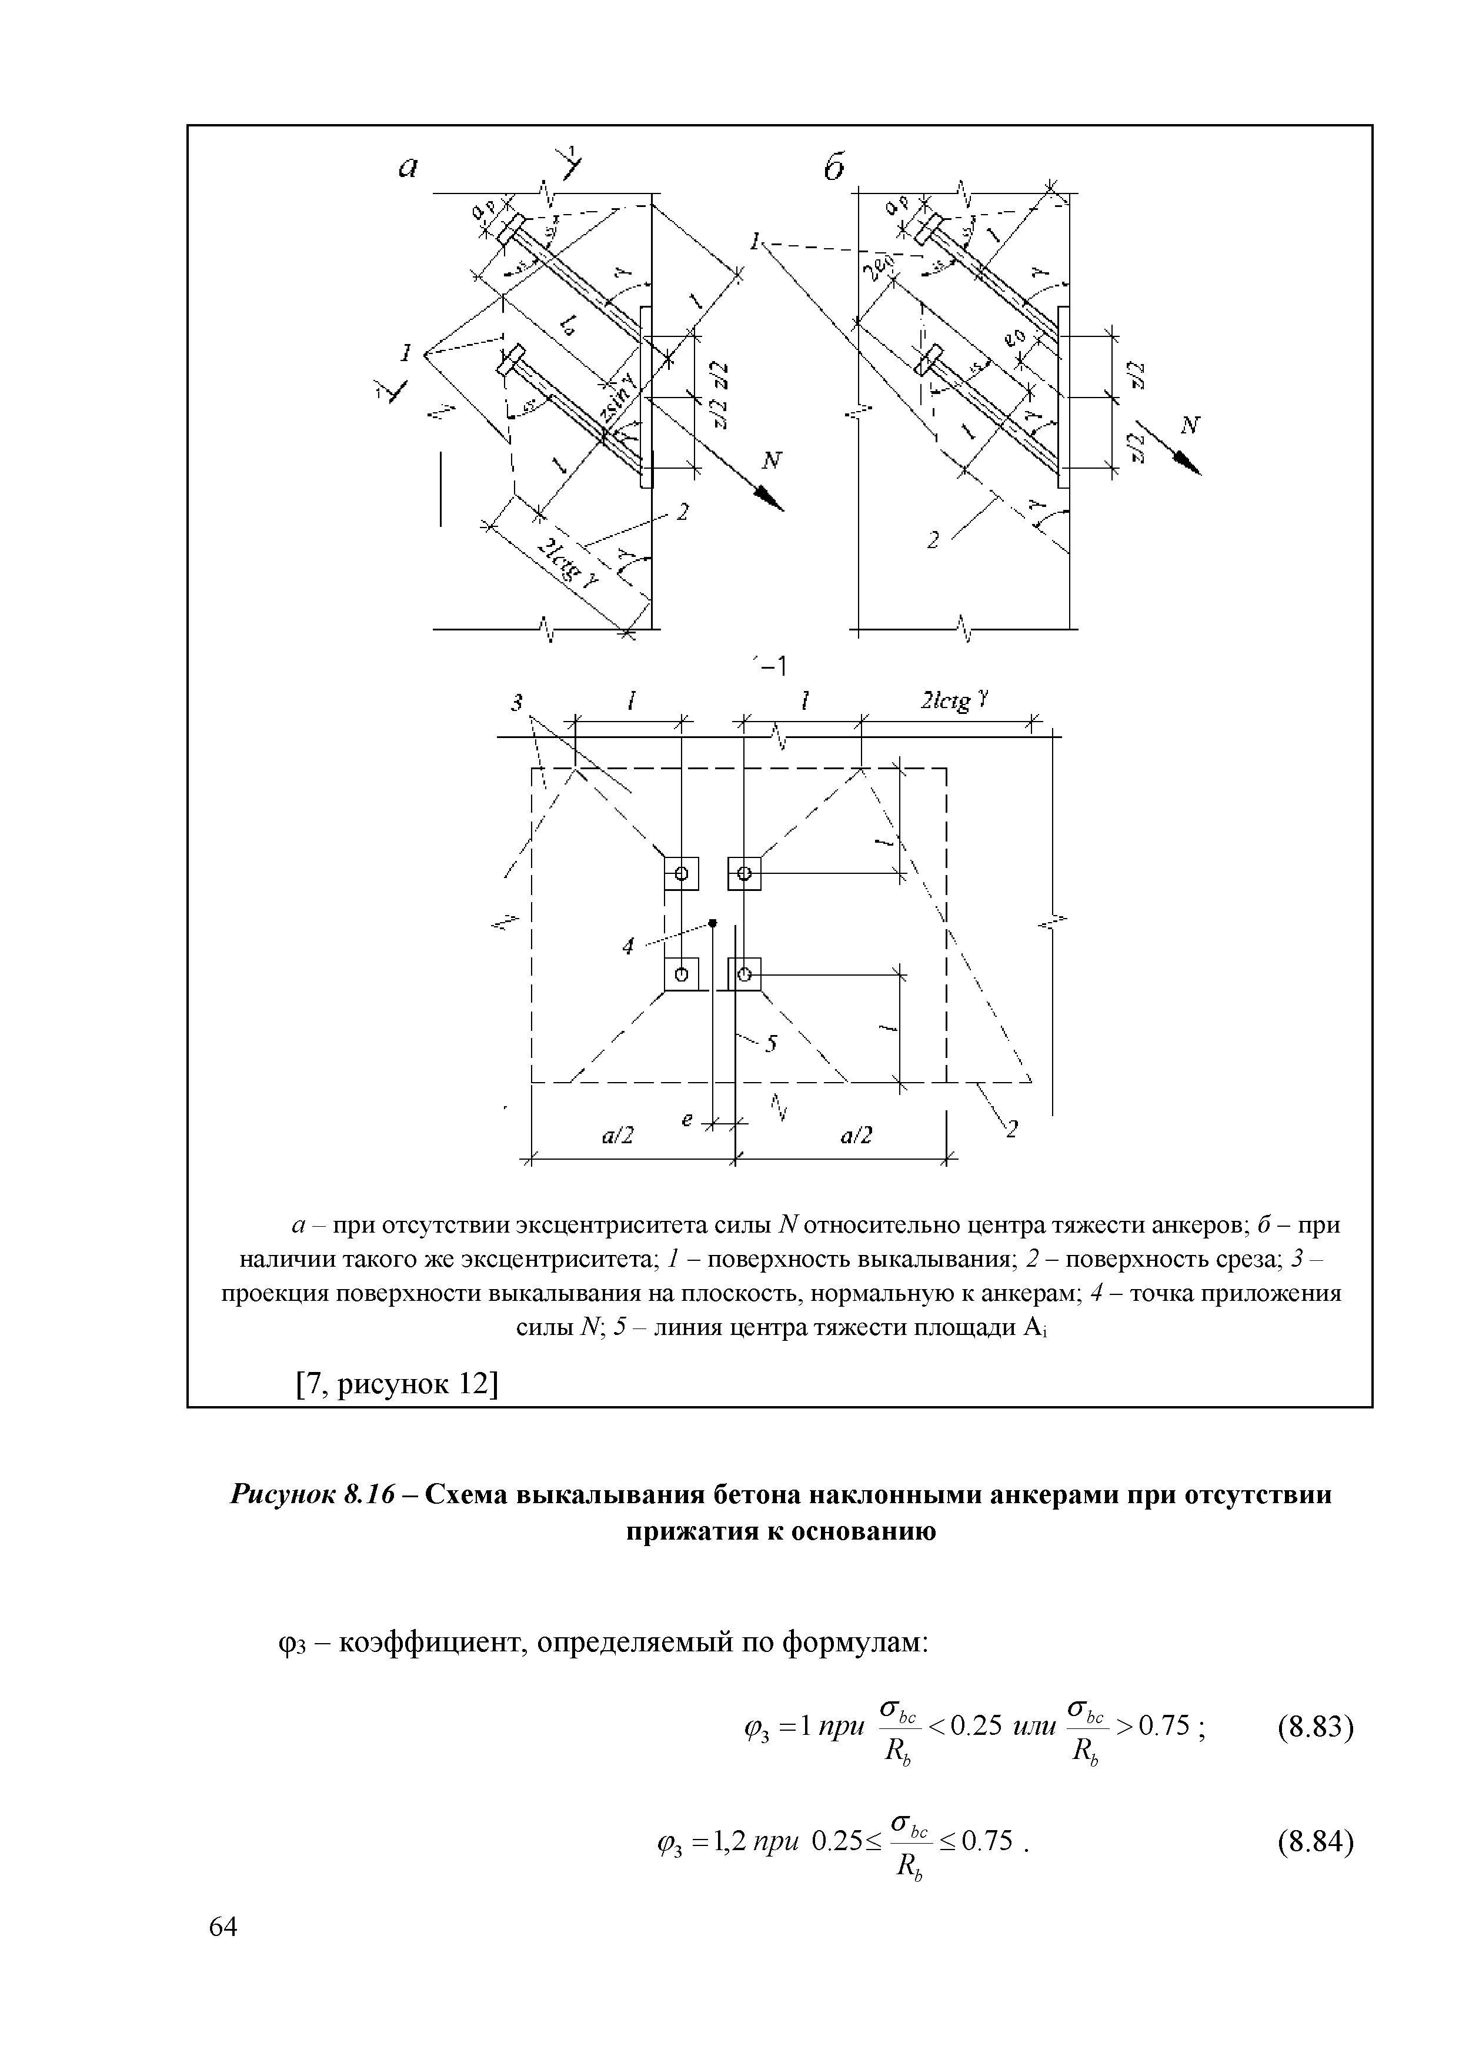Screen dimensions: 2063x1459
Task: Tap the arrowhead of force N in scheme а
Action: tap(772, 499)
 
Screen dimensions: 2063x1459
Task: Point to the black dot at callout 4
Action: tap(712, 923)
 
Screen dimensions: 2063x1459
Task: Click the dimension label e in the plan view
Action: tap(687, 1120)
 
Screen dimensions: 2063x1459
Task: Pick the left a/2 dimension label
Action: tap(617, 1137)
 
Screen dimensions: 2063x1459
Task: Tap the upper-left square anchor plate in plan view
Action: tap(681, 873)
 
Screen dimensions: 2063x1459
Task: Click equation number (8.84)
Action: tap(1314, 1841)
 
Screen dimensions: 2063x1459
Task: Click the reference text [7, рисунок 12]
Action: tap(396, 1383)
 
